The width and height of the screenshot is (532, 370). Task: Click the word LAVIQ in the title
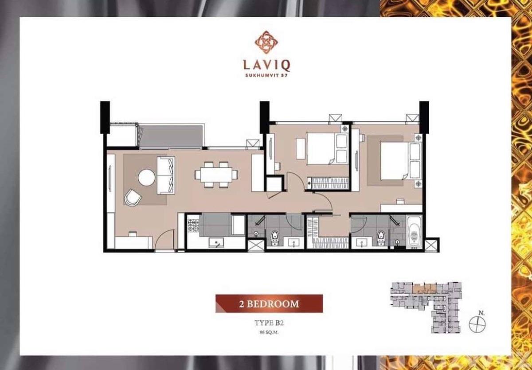pyautogui.click(x=266, y=66)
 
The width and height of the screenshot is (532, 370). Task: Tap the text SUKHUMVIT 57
pyautogui.click(x=266, y=76)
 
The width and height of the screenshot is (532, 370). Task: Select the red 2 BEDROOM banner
pyautogui.click(x=269, y=304)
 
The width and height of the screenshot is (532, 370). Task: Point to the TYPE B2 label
pyautogui.click(x=269, y=323)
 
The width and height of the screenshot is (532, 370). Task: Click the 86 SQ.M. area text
pyautogui.click(x=269, y=332)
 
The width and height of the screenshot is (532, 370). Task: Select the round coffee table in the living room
pyautogui.click(x=147, y=178)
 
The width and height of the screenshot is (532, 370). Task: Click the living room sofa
pyautogui.click(x=166, y=175)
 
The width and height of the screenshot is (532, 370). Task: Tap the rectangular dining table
pyautogui.click(x=216, y=175)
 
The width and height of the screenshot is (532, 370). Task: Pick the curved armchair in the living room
pyautogui.click(x=133, y=197)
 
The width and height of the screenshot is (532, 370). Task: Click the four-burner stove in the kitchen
pyautogui.click(x=193, y=225)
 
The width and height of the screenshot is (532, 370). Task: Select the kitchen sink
pyautogui.click(x=216, y=242)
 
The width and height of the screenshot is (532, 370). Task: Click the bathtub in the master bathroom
pyautogui.click(x=415, y=232)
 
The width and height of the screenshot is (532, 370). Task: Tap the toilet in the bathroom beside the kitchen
pyautogui.click(x=275, y=238)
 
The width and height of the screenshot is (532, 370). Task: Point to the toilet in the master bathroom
pyautogui.click(x=381, y=238)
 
